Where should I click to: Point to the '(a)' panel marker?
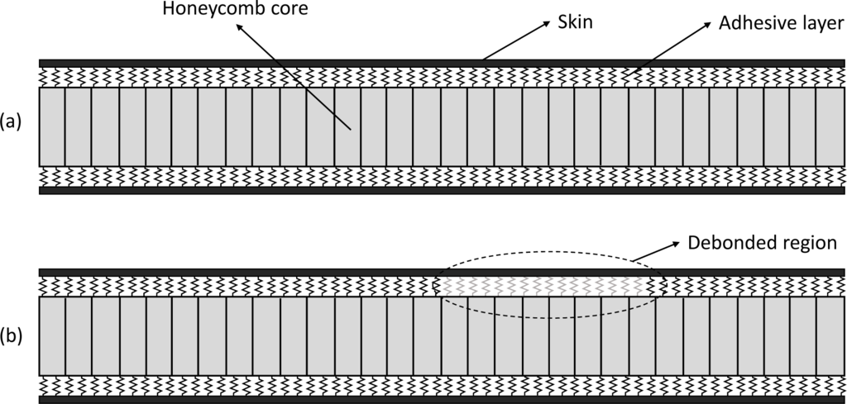point(12,123)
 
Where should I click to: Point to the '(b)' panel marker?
point(12,335)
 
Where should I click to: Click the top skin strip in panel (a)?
point(248,63)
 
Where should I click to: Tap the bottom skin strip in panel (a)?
point(248,190)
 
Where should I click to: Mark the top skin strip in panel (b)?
point(248,273)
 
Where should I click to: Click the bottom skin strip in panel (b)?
point(248,401)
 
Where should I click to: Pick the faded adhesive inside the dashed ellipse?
point(546,286)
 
